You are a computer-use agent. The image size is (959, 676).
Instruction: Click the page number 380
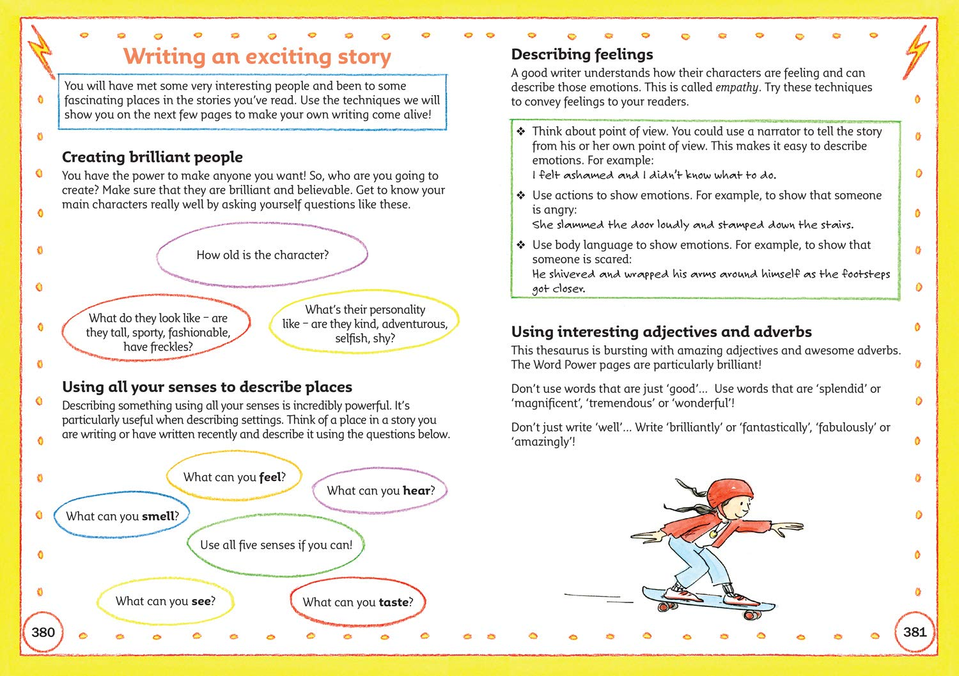pyautogui.click(x=43, y=633)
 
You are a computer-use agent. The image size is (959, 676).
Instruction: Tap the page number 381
pyautogui.click(x=915, y=633)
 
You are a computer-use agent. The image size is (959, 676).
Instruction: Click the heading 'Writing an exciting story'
pyautogui.click(x=257, y=56)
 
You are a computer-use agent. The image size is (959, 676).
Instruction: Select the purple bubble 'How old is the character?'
pyautogui.click(x=262, y=255)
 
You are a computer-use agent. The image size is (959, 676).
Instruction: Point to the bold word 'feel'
pyautogui.click(x=270, y=477)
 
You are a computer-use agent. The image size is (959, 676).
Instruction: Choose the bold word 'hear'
pyautogui.click(x=416, y=491)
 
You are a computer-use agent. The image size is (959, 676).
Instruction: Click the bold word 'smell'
pyautogui.click(x=158, y=516)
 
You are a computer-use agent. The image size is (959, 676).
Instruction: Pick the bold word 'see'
pyautogui.click(x=201, y=601)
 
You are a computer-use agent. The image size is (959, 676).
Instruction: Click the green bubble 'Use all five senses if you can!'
pyautogui.click(x=276, y=545)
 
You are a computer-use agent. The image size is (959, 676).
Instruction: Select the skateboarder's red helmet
pyautogui.click(x=726, y=493)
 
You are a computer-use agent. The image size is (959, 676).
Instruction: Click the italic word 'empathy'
pyautogui.click(x=737, y=88)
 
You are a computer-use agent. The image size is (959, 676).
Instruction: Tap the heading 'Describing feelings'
pyautogui.click(x=582, y=54)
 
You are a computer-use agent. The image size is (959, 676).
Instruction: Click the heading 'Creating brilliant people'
pyautogui.click(x=152, y=157)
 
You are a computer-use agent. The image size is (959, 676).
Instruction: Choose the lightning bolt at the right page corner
pyautogui.click(x=918, y=49)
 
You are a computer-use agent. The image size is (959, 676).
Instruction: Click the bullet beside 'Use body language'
pyautogui.click(x=521, y=245)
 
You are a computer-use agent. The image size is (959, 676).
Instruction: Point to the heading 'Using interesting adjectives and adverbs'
pyautogui.click(x=661, y=332)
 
